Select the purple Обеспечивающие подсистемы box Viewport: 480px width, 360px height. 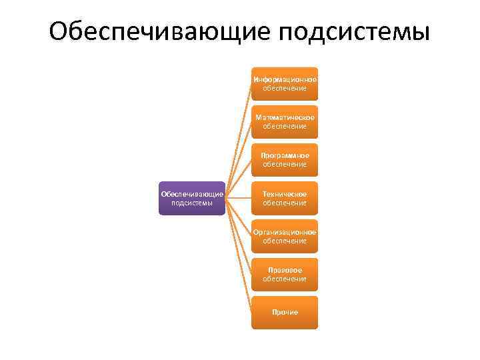(192, 198)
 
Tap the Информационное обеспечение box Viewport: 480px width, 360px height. (285, 84)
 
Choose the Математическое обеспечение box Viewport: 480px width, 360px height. (285, 122)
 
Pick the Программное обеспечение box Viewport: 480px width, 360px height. (285, 160)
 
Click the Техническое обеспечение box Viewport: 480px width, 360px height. (285, 198)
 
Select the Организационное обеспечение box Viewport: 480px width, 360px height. (285, 236)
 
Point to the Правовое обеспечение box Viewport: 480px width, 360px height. (285, 274)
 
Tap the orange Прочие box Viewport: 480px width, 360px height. (285, 312)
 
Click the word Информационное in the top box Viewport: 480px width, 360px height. (285, 80)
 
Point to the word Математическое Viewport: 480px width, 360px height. (285, 118)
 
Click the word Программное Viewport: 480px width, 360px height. (285, 156)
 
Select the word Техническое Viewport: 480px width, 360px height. (285, 194)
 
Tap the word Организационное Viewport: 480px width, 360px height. (285, 232)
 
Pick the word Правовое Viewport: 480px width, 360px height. (285, 270)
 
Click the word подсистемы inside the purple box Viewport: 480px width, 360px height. (192, 203)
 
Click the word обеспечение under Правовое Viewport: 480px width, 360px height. (285, 279)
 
